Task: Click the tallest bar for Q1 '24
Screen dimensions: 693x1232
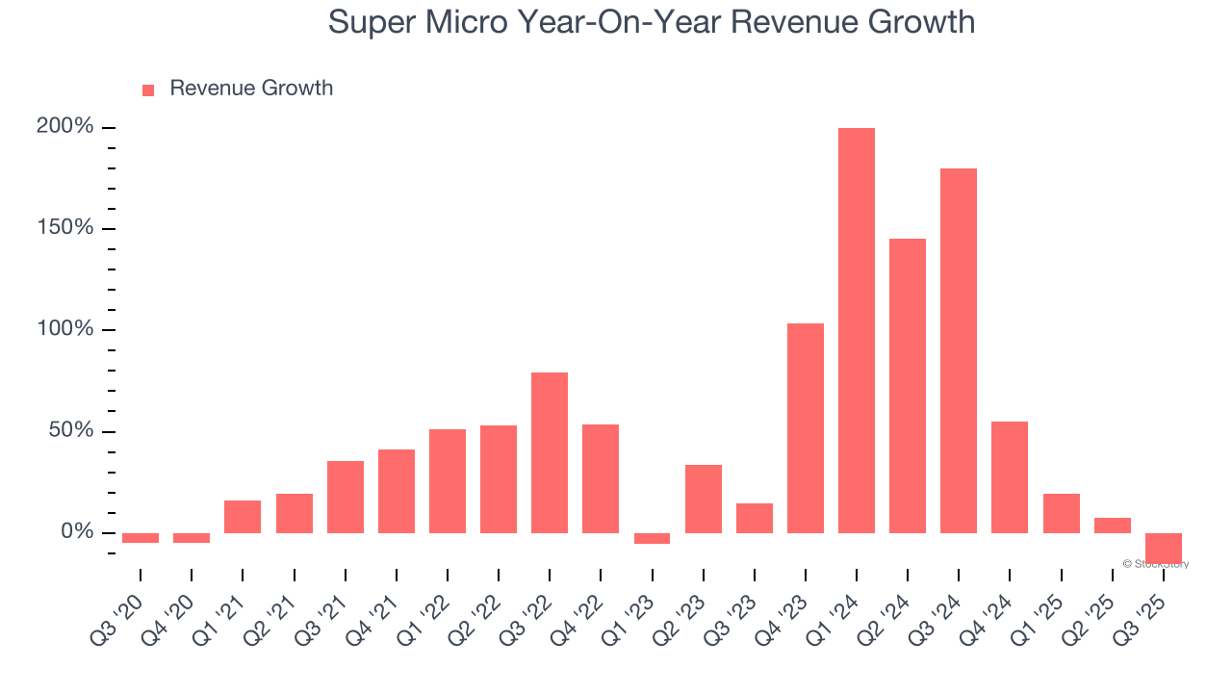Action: coord(856,330)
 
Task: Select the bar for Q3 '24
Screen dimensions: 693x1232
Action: coord(958,350)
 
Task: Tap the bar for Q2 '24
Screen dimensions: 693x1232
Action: coord(907,385)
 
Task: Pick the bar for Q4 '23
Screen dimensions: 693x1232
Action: coord(805,427)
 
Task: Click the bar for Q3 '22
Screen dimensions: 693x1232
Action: coord(549,452)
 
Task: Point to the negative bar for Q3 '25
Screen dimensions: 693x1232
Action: coord(1163,548)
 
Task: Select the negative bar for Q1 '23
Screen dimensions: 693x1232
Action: coord(652,538)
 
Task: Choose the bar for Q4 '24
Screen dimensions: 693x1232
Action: coord(1009,476)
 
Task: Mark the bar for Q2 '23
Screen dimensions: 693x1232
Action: coord(703,499)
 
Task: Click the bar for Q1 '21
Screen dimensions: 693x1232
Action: coord(243,516)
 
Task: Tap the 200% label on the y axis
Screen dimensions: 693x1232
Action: coord(64,127)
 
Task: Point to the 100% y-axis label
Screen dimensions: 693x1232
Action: coord(64,329)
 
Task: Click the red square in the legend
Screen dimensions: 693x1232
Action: coord(148,90)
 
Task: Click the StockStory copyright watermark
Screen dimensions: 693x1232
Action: coord(1155,564)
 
